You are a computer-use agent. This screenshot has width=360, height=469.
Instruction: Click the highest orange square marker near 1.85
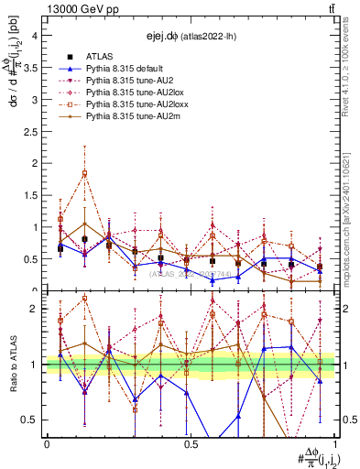(85, 173)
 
